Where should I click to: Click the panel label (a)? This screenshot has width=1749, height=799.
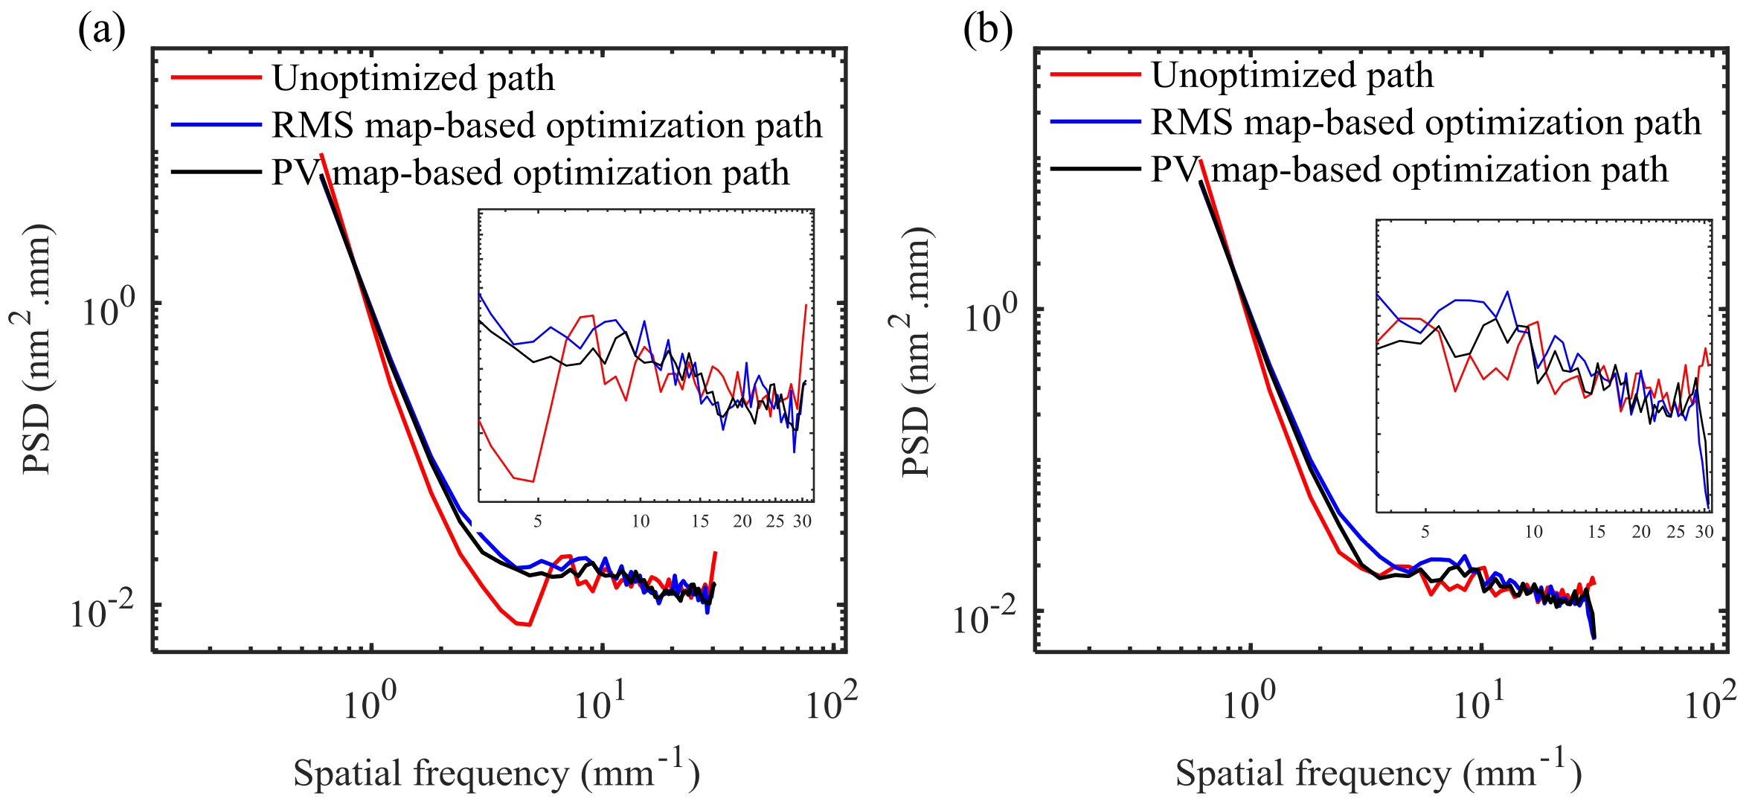pos(102,31)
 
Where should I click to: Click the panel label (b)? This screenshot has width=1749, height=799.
pos(987,31)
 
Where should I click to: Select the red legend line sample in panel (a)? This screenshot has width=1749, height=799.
pos(216,77)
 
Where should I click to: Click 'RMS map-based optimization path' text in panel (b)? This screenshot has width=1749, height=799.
pos(1425,122)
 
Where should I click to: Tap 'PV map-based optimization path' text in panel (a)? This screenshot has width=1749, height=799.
pos(530,173)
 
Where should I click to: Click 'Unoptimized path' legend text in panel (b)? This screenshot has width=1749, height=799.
pos(1292,75)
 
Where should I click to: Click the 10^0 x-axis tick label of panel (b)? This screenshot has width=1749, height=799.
pos(1248,701)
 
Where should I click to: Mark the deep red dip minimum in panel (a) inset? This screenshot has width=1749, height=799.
pos(533,481)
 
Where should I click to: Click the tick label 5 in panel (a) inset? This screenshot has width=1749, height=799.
pos(537,521)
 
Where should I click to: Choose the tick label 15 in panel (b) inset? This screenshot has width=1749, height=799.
pos(1596,531)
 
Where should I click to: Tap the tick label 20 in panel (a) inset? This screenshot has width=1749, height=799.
pos(742,521)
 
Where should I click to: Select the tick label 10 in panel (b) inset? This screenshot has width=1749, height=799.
pos(1534,531)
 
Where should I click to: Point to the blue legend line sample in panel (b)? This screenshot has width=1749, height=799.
pos(1095,121)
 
